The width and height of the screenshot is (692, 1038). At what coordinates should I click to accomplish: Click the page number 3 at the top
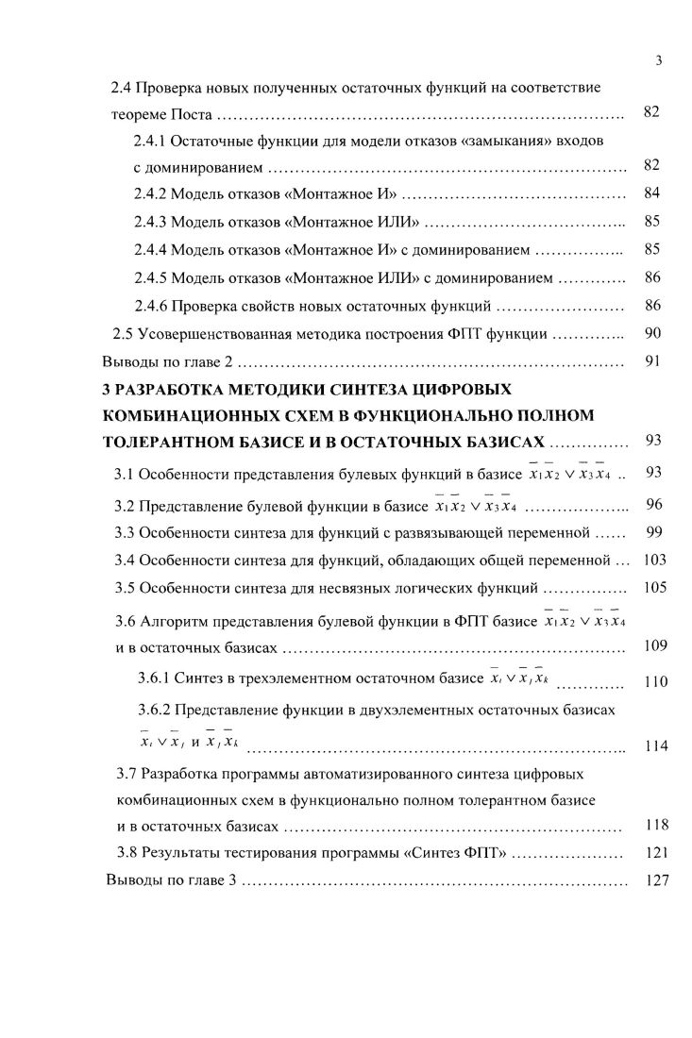[x=657, y=62]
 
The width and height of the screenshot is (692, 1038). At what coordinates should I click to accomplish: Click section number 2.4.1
[x=152, y=141]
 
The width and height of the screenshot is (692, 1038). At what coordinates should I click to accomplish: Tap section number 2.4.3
[x=152, y=224]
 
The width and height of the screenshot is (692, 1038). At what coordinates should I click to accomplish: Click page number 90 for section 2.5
[x=651, y=333]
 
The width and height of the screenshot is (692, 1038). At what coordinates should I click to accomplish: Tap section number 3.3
[x=125, y=533]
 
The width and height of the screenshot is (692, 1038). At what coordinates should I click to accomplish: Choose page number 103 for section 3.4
[x=654, y=560]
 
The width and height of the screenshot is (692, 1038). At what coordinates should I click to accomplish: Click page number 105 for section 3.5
[x=654, y=587]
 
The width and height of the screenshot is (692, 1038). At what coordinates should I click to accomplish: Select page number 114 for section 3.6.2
[x=656, y=746]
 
